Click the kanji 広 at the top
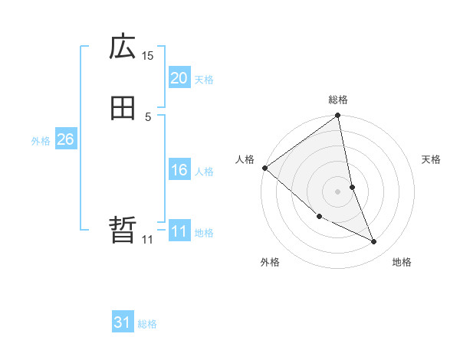click(x=123, y=47)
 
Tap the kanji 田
click(x=123, y=109)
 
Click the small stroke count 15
click(x=147, y=55)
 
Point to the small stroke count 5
click(x=148, y=116)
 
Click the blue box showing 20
click(x=179, y=78)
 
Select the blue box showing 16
click(x=179, y=170)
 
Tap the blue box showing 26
click(x=65, y=139)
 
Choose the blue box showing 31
click(x=123, y=323)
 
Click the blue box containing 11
click(x=179, y=231)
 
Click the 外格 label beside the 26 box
click(x=41, y=141)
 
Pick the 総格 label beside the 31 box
click(x=147, y=325)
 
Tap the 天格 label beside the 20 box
click(x=204, y=80)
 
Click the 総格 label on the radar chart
click(x=338, y=100)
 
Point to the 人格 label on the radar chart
click(x=245, y=159)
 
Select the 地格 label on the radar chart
click(x=402, y=262)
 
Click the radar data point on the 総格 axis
click(x=338, y=116)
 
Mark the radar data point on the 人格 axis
click(x=264, y=168)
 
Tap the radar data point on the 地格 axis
click(x=374, y=242)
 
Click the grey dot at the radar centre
click(x=338, y=191)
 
